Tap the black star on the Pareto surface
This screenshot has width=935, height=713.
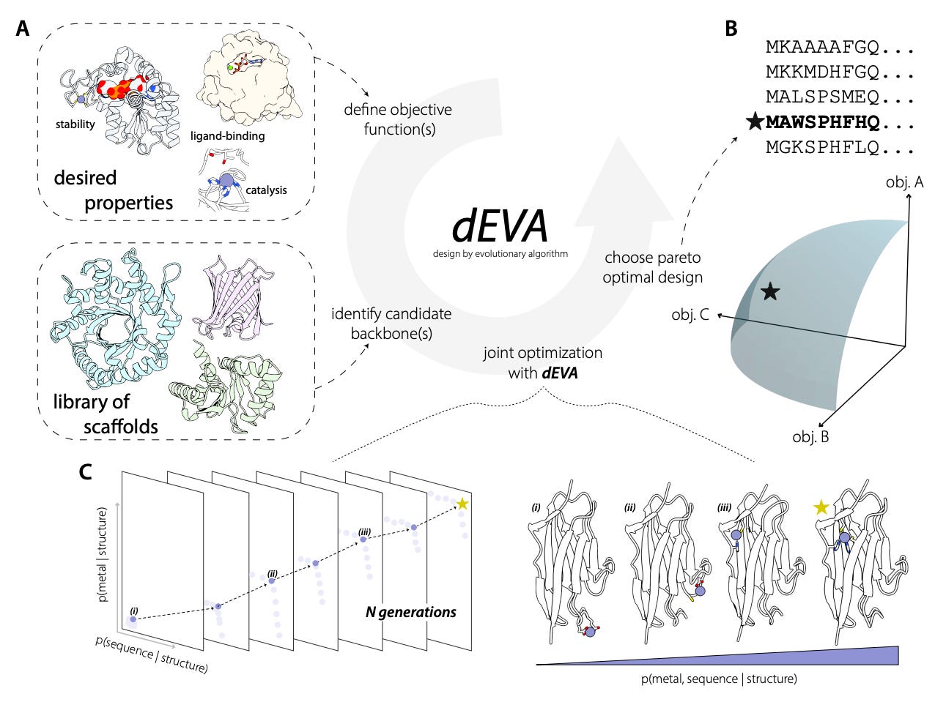point(769,292)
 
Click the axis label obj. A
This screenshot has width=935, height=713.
point(903,182)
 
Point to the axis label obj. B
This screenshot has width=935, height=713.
point(810,437)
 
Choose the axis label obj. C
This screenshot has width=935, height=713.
point(690,316)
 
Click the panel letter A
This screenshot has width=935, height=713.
point(23,29)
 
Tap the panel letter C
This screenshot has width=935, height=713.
point(86,472)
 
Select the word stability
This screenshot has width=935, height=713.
point(75,124)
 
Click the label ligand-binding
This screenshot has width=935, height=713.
point(227,135)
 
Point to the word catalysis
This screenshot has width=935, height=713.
point(266,190)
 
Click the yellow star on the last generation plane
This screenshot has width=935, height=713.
point(463,504)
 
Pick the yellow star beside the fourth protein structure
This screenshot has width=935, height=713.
point(821,507)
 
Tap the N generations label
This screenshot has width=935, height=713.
point(410,612)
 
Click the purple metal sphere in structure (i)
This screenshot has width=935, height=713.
point(591,631)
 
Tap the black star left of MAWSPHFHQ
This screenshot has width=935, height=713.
point(755,122)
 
